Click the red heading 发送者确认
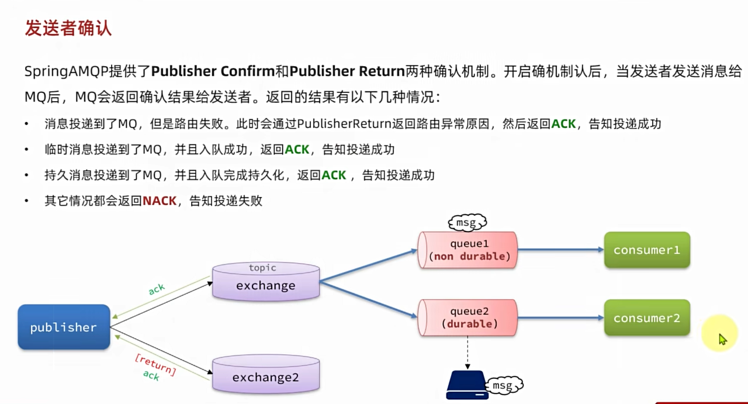click(x=68, y=28)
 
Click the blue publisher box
click(x=64, y=327)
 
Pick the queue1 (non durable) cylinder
click(x=468, y=250)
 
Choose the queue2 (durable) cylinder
click(x=468, y=317)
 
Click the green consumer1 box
click(x=647, y=250)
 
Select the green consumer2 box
click(x=647, y=318)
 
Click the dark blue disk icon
click(x=467, y=385)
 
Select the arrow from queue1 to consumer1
click(x=560, y=250)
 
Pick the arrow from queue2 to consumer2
click(x=560, y=317)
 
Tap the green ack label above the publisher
click(x=157, y=289)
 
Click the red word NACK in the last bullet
click(x=160, y=201)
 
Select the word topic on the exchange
click(x=262, y=268)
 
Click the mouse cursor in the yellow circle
click(x=722, y=339)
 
